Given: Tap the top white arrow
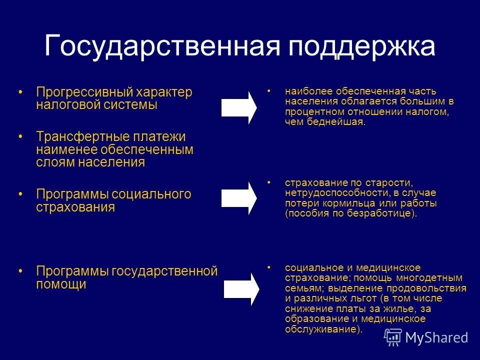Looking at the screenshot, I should (239, 107).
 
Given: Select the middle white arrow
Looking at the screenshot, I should (239, 198).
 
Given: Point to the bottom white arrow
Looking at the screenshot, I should (240, 289).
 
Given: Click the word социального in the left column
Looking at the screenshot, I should (151, 194).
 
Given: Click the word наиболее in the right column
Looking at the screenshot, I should (302, 91).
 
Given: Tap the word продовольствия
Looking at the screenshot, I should (433, 288).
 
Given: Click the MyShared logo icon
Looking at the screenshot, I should (393, 337).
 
